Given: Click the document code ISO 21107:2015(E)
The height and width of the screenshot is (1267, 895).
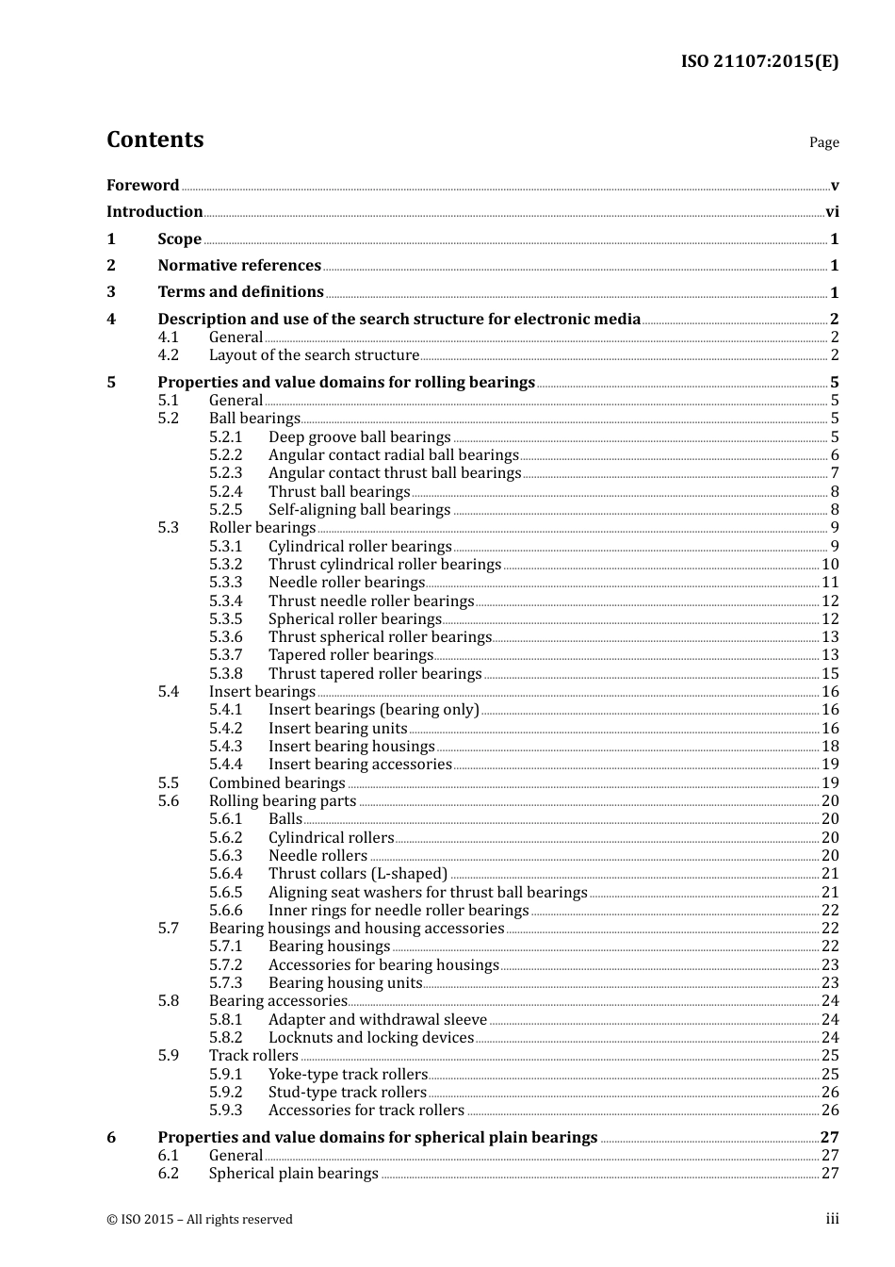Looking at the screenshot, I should coord(759,61).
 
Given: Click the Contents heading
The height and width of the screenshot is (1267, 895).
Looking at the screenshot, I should coord(155,140).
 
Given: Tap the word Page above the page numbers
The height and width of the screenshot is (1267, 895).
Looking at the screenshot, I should coord(823,142).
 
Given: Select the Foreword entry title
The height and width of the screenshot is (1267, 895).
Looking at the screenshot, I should coord(142,186).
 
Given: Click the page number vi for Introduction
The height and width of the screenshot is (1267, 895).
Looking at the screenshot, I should coord(832,212).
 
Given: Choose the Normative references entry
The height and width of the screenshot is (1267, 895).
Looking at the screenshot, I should coord(239,266).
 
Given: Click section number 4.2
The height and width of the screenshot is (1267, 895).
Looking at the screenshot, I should coord(168,355).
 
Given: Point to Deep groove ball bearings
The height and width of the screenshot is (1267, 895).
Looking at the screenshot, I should coord(359,437).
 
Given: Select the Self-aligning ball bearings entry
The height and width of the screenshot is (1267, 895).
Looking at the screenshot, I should coord(359,510).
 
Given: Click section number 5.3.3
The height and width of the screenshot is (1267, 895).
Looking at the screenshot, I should coord(225,583).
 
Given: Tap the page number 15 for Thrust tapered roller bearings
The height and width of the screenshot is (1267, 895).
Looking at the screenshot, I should coord(830,674).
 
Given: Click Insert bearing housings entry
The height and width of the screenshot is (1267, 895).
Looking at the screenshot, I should coord(351,747).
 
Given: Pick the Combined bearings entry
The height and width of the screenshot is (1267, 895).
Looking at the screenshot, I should coord(277,783).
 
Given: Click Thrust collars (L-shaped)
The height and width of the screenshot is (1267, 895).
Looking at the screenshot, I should coord(358,874).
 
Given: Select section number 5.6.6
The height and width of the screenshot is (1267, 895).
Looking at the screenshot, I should coord(225,911).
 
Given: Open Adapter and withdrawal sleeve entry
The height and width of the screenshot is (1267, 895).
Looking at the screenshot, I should coord(377,1020).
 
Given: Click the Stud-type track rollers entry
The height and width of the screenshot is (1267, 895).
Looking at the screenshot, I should coord(347,1093).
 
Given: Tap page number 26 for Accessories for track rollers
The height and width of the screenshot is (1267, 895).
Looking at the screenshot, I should coord(830,1111).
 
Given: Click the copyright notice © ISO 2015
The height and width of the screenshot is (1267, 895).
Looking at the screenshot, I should coord(200,1220).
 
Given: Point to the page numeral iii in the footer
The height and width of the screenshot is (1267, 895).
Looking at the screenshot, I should coord(832,1219).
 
